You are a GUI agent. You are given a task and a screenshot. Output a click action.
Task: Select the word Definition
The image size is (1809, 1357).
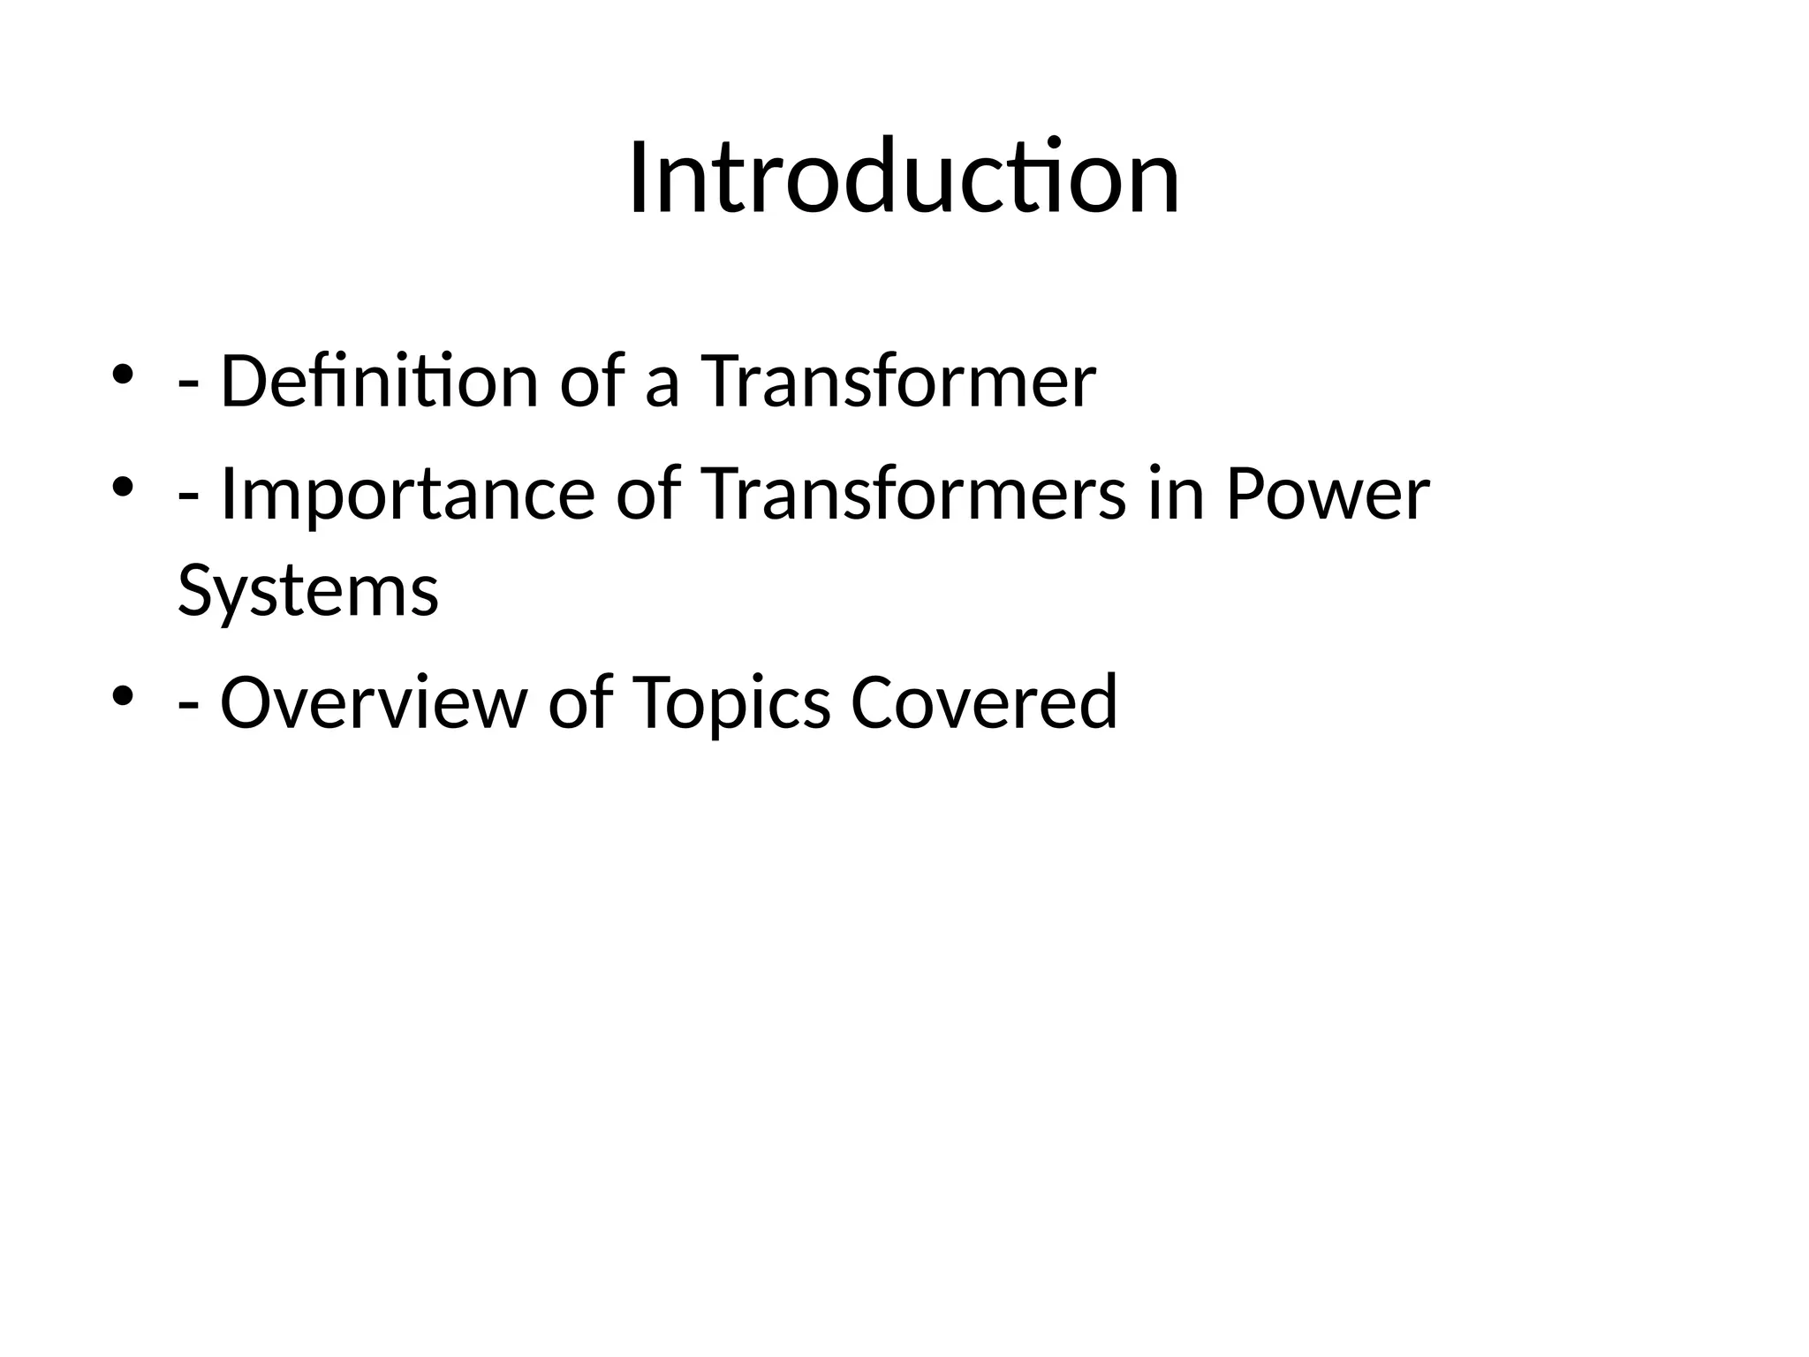pyautogui.click(x=379, y=382)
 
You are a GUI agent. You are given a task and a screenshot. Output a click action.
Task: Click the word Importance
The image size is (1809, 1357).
pyautogui.click(x=407, y=495)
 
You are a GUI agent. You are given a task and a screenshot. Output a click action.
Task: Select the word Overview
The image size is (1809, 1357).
pyautogui.click(x=372, y=702)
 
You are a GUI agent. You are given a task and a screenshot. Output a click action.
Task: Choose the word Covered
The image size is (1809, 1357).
pyautogui.click(x=984, y=702)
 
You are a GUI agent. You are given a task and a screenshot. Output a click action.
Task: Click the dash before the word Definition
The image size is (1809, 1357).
pyautogui.click(x=187, y=387)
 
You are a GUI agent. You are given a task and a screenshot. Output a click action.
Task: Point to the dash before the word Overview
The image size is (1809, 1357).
pyautogui.click(x=187, y=708)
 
